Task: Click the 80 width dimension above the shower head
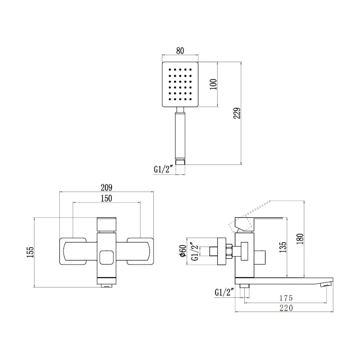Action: click(x=180, y=51)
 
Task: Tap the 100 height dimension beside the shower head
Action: click(x=213, y=85)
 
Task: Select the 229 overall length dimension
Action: click(x=237, y=113)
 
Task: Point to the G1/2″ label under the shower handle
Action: click(x=163, y=170)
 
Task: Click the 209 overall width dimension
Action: click(x=107, y=187)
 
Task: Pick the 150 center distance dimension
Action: click(x=106, y=198)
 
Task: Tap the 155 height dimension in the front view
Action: click(x=30, y=252)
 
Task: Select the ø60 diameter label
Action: click(x=183, y=251)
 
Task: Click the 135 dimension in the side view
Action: click(x=283, y=247)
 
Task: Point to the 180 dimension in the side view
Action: click(x=300, y=239)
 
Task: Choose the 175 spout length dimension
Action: click(x=286, y=298)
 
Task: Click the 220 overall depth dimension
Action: click(x=286, y=308)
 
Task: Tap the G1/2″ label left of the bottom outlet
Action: click(x=224, y=292)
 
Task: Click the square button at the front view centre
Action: click(x=106, y=257)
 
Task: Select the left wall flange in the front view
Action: click(x=73, y=251)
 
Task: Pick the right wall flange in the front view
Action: click(x=140, y=251)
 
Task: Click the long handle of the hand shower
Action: click(x=180, y=135)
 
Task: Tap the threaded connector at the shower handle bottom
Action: click(x=180, y=162)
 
